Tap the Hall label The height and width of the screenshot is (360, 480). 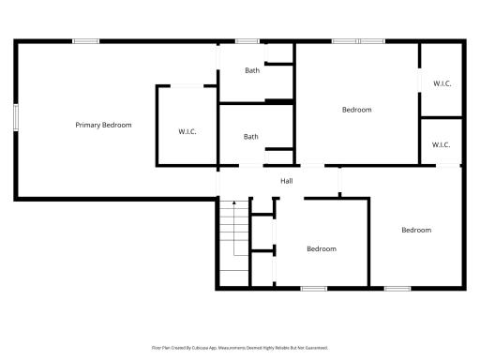[287, 181]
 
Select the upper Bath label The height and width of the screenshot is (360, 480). [252, 70]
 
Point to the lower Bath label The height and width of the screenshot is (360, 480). [251, 137]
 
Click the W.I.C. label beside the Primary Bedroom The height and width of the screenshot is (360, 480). [187, 131]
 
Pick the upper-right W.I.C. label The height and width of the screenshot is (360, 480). [442, 83]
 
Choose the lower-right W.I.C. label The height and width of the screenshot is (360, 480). [442, 144]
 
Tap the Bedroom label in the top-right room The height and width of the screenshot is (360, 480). [356, 110]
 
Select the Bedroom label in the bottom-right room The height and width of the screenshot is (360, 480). [416, 230]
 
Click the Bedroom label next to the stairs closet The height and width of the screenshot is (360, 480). [322, 248]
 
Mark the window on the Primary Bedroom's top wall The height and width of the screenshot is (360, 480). [86, 40]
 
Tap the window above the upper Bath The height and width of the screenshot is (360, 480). [247, 40]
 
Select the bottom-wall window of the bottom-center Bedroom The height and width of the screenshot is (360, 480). [313, 288]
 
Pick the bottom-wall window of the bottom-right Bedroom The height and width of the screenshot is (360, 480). [397, 288]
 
